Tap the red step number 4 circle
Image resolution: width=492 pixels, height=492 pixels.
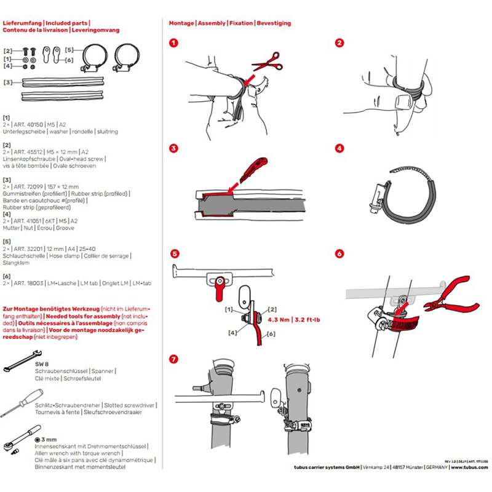tap(339, 148)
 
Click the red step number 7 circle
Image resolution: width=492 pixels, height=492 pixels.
tap(174, 359)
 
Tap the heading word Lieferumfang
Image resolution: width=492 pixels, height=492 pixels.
tap(22, 23)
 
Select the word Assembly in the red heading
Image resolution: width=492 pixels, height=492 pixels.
tap(212, 23)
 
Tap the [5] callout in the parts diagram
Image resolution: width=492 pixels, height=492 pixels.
tap(69, 49)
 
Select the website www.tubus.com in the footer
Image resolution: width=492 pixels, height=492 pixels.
tap(470, 468)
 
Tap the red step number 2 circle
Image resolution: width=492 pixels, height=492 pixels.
tap(339, 43)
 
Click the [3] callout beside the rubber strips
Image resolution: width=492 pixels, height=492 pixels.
tap(7, 82)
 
